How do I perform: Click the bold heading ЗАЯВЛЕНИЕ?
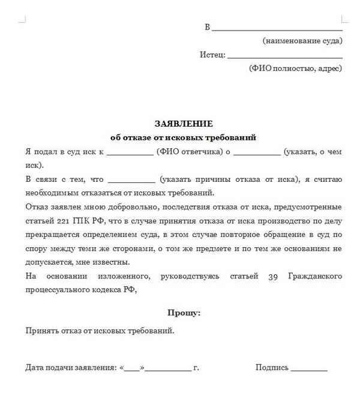(184, 124)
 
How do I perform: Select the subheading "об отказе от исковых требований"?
(184, 137)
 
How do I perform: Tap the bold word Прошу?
(184, 313)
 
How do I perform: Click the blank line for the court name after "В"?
(277, 29)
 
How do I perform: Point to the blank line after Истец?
(285, 56)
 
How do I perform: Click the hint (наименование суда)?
(302, 41)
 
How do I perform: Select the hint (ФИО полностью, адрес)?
(295, 68)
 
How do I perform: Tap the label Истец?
(212, 55)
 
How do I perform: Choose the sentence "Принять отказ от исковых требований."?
(100, 331)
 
